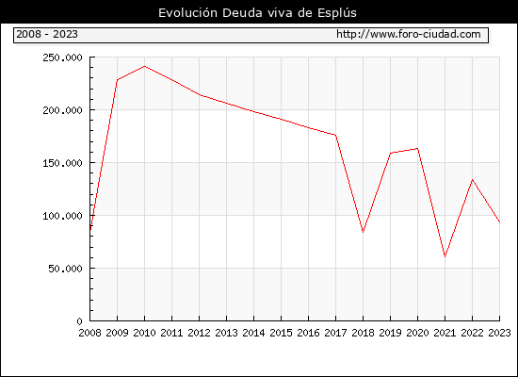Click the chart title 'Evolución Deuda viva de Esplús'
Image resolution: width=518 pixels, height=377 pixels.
pyautogui.click(x=257, y=13)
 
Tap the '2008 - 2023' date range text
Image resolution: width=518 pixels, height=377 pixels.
pyautogui.click(x=47, y=34)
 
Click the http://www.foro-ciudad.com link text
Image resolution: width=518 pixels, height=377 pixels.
pyautogui.click(x=409, y=34)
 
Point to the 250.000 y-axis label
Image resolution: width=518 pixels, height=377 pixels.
pyautogui.click(x=62, y=57)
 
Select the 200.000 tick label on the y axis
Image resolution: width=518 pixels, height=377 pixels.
pyautogui.click(x=62, y=110)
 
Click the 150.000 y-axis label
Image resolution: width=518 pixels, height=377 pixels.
pyautogui.click(x=62, y=163)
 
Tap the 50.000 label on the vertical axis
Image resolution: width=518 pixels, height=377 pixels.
pyautogui.click(x=65, y=269)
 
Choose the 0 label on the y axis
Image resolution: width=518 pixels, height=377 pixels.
pyautogui.click(x=80, y=321)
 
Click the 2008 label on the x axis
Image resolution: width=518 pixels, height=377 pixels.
pyautogui.click(x=89, y=333)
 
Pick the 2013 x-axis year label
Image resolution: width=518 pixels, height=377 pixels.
pyautogui.click(x=226, y=333)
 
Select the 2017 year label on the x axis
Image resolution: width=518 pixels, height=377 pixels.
pyautogui.click(x=335, y=333)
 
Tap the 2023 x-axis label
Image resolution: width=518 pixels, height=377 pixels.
pyautogui.click(x=499, y=333)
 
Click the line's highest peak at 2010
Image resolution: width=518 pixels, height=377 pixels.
pyautogui.click(x=144, y=67)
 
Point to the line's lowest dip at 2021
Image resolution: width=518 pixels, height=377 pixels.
pyautogui.click(x=445, y=256)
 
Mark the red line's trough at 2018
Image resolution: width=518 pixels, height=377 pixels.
pyautogui.click(x=363, y=232)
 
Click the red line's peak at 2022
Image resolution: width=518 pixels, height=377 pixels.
pyautogui.click(x=473, y=180)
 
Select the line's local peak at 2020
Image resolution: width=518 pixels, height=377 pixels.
pyautogui.click(x=417, y=149)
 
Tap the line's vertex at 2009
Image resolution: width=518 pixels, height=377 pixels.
pyautogui.click(x=118, y=80)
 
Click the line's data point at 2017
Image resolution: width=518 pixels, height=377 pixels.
pyautogui.click(x=335, y=135)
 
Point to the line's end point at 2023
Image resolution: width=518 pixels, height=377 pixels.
pyautogui.click(x=499, y=221)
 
